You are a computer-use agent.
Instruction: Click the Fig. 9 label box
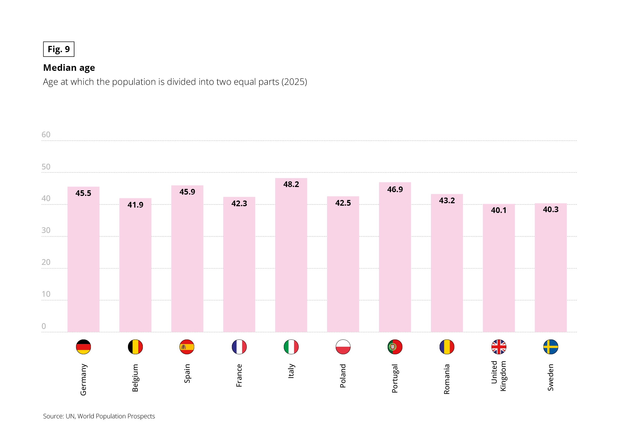[59, 49]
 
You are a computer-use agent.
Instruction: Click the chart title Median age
[69, 68]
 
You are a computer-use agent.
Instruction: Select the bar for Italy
[291, 259]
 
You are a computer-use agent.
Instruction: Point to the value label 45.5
[83, 194]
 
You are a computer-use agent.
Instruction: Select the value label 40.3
[551, 210]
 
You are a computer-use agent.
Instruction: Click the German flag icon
[84, 347]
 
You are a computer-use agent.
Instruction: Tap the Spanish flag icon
[187, 347]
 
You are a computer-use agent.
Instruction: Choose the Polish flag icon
[343, 347]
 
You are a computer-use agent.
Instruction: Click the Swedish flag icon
[551, 347]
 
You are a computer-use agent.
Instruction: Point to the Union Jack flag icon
[499, 347]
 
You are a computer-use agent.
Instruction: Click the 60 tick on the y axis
[46, 135]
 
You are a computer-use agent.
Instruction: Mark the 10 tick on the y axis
[46, 294]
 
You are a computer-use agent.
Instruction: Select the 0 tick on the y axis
[44, 326]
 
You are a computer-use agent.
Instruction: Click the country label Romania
[447, 379]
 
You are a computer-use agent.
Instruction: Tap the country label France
[239, 376]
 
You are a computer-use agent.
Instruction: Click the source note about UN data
[99, 416]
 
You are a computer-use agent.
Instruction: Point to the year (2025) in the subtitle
[294, 82]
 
